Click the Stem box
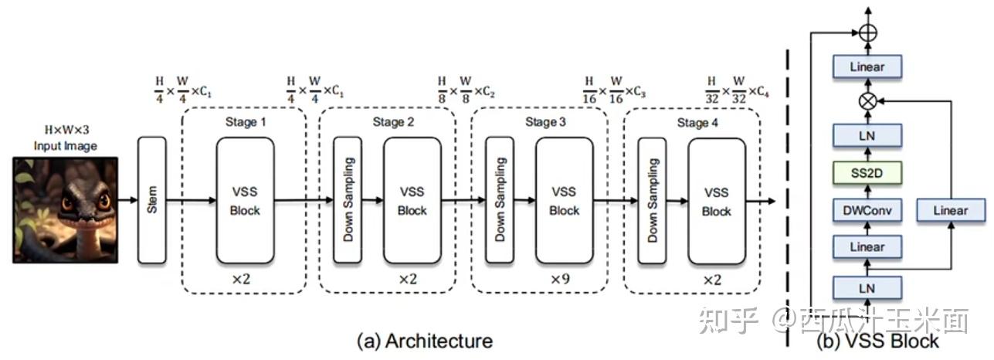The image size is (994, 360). [x=152, y=200]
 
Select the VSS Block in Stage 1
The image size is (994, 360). [x=246, y=200]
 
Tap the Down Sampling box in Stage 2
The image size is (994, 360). [x=348, y=200]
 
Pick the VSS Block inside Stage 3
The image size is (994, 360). [x=564, y=200]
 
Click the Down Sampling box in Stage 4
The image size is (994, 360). [x=652, y=200]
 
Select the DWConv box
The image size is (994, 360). [x=867, y=209]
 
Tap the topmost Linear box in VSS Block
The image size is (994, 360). [x=867, y=66]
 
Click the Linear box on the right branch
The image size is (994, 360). [x=950, y=209]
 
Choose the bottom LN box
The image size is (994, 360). [x=867, y=287]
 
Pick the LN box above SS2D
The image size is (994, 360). [x=867, y=136]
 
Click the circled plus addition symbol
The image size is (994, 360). [x=867, y=32]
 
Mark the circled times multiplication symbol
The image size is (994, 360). [x=867, y=100]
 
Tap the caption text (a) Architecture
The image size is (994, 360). [x=423, y=341]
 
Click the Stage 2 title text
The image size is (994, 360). [x=393, y=122]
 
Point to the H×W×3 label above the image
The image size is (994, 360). [x=64, y=131]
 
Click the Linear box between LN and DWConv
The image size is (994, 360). [x=867, y=247]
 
